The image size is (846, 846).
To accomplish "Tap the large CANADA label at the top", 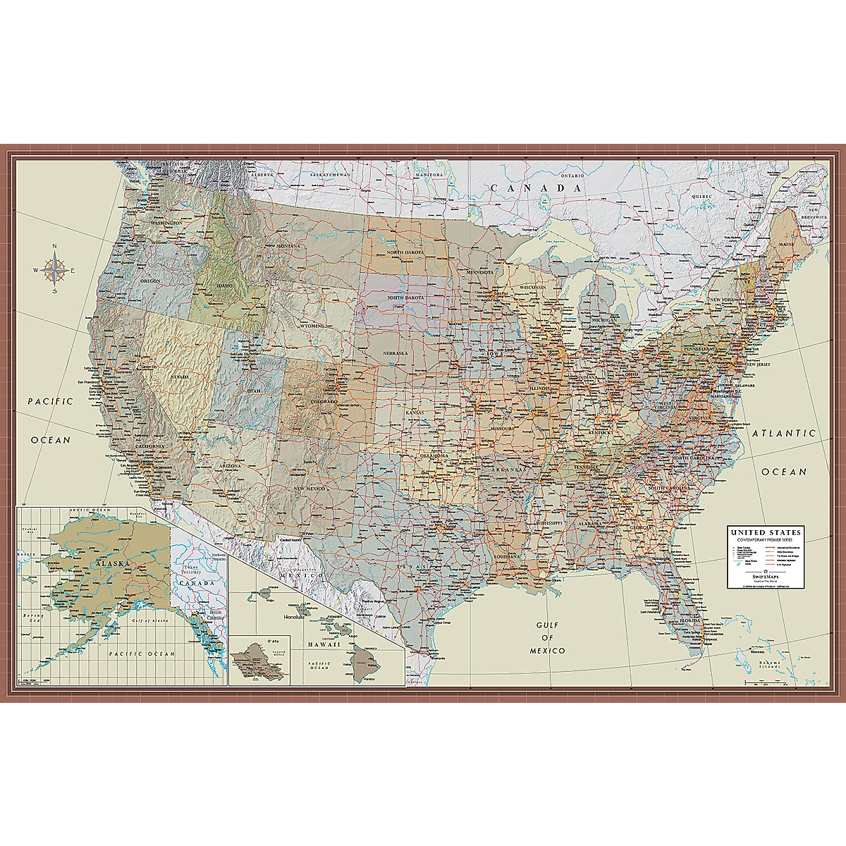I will [x=538, y=188].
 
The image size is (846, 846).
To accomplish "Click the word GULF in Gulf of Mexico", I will [x=546, y=625].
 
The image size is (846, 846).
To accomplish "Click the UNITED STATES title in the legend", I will [x=765, y=532].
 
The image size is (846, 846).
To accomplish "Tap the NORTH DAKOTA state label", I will [x=404, y=253].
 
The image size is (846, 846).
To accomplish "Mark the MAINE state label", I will [x=785, y=244].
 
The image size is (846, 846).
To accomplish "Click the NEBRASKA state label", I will [x=396, y=352].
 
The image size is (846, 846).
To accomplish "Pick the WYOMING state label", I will [x=311, y=326].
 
